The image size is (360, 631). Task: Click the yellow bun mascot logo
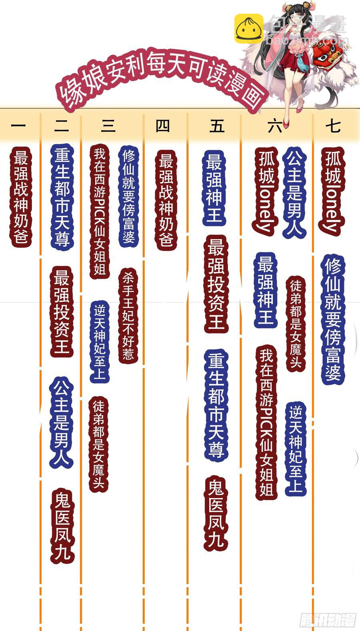tap(248, 28)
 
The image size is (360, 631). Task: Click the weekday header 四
tap(163, 126)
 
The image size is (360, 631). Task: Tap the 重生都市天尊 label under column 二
tap(62, 197)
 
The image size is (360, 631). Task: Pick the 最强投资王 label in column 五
tap(216, 284)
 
